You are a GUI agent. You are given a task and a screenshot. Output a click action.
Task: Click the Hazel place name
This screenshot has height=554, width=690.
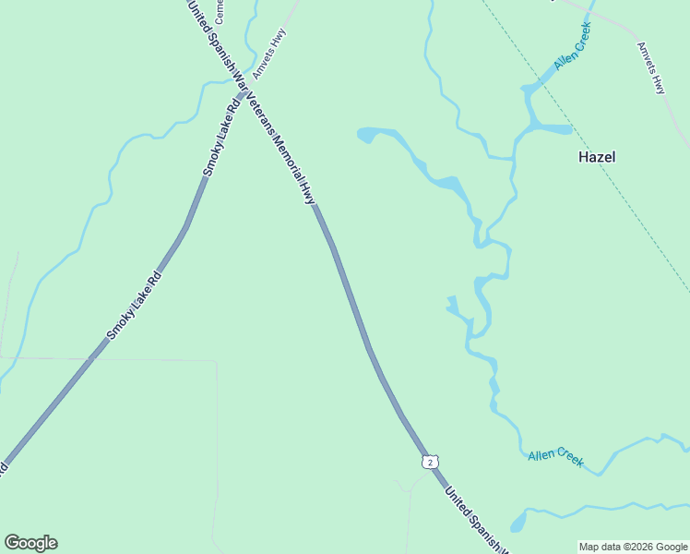596,157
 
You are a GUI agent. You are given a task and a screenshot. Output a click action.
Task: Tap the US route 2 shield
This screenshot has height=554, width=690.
430,461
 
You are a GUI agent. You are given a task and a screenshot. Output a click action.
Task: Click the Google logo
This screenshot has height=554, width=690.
30,543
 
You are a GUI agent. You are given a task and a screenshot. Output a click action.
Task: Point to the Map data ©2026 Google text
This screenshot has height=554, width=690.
633,547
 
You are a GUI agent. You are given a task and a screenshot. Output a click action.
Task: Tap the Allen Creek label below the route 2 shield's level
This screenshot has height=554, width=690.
555,457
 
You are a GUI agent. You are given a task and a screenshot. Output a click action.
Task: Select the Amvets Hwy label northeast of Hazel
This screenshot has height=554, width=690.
651,68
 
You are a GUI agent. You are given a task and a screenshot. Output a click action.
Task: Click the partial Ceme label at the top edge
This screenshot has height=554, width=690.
220,11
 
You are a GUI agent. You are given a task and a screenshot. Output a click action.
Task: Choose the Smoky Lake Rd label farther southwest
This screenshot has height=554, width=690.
134,305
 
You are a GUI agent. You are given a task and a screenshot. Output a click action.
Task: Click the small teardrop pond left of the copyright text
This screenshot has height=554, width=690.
518,523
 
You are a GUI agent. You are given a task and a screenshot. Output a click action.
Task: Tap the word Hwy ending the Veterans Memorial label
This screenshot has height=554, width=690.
308,191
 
